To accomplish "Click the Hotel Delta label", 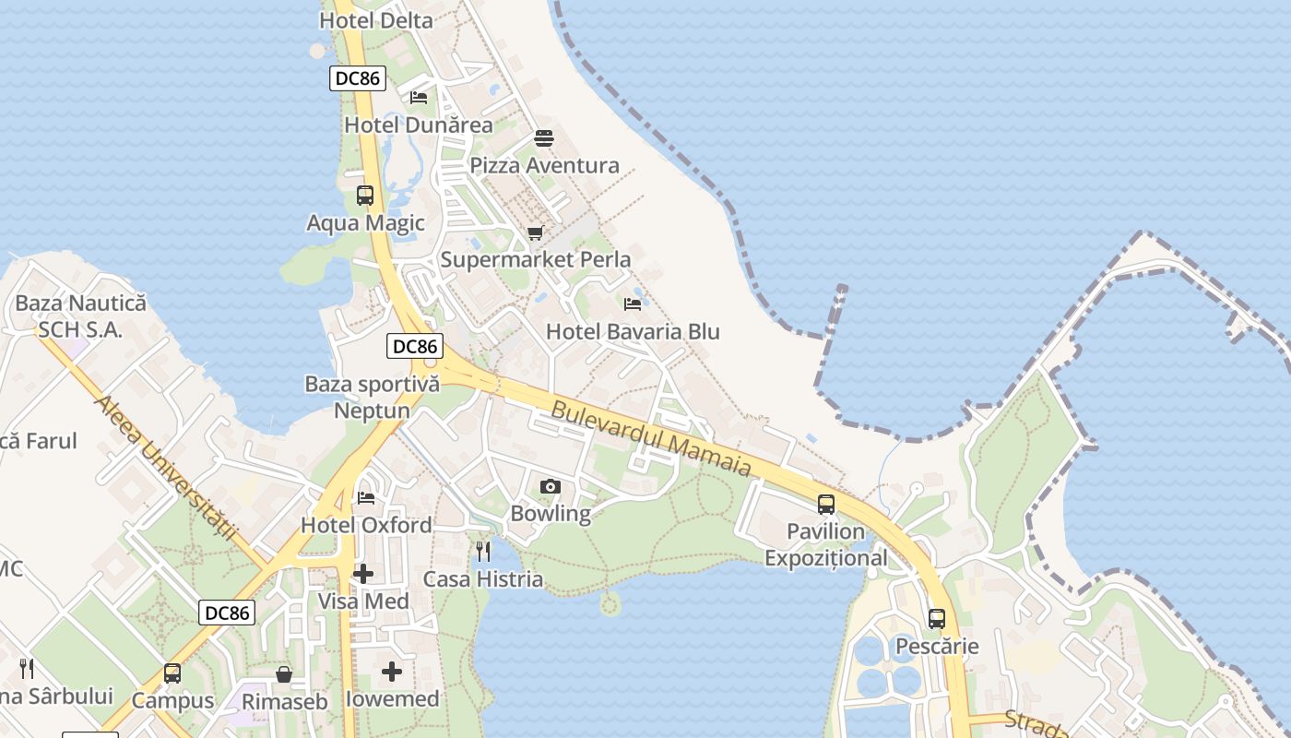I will click(x=375, y=20).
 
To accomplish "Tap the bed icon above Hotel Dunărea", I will click(x=419, y=97).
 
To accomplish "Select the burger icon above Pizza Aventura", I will click(x=544, y=138).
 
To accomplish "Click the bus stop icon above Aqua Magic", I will click(x=365, y=196).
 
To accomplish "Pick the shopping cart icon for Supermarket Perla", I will click(x=535, y=232).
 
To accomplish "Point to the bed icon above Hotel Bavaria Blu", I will click(x=633, y=304).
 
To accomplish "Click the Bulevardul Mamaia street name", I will click(x=651, y=438).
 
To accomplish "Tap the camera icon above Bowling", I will click(x=550, y=486).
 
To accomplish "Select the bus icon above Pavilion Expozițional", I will click(x=826, y=505).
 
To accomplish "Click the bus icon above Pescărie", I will click(x=937, y=619).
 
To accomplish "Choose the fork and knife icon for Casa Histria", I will click(x=483, y=552).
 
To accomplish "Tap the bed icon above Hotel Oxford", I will click(x=366, y=498).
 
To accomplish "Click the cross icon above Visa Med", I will click(x=363, y=574).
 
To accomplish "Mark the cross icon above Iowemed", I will click(x=392, y=671).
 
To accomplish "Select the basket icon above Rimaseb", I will click(x=284, y=674).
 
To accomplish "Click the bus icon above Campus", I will click(x=172, y=673).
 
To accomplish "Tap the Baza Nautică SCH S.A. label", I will click(x=80, y=315).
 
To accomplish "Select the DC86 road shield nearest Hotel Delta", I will click(x=358, y=78).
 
